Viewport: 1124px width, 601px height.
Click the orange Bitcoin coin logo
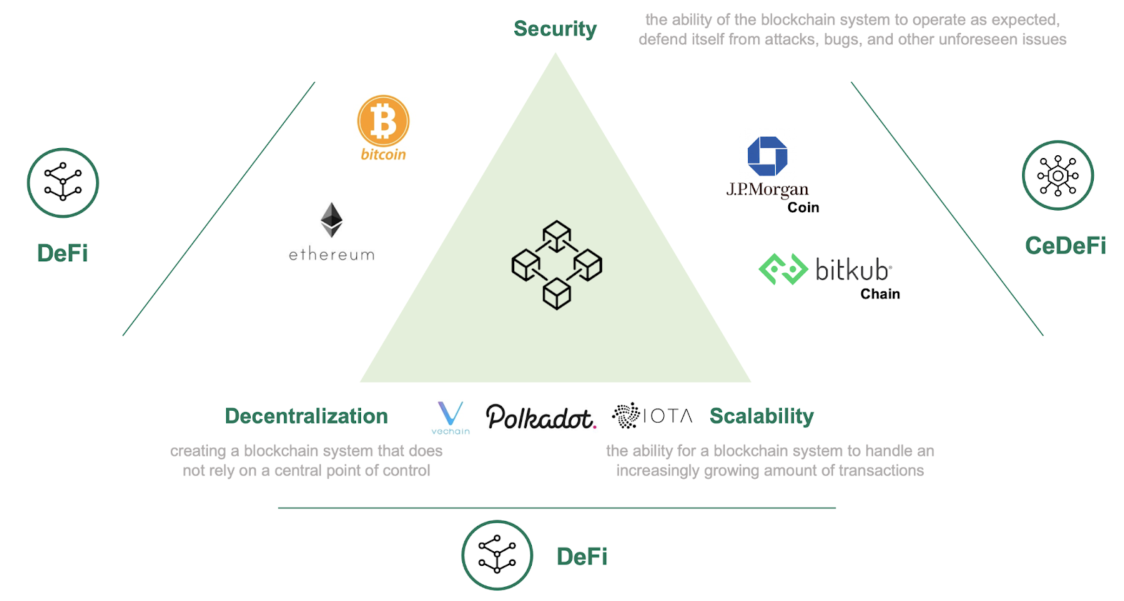click(x=383, y=121)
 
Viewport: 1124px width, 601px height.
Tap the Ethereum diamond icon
click(x=332, y=220)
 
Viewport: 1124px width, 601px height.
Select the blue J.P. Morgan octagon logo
click(x=767, y=156)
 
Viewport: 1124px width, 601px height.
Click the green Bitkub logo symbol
click(x=783, y=270)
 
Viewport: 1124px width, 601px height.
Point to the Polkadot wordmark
click(x=540, y=417)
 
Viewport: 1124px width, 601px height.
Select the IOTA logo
click(x=652, y=416)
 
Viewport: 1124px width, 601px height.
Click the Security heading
click(x=555, y=29)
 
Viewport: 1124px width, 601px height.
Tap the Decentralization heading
click(x=306, y=416)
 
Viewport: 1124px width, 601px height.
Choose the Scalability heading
click(x=762, y=416)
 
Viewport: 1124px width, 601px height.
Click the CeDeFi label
click(x=1065, y=246)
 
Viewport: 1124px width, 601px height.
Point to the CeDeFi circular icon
click(x=1057, y=176)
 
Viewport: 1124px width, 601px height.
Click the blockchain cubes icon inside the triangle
click(x=556, y=265)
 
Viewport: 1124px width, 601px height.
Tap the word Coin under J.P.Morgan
click(x=803, y=208)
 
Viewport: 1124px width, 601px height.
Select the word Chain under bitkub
click(x=880, y=294)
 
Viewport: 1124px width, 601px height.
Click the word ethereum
click(x=332, y=254)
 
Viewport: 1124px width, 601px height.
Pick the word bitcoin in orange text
click(x=383, y=154)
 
